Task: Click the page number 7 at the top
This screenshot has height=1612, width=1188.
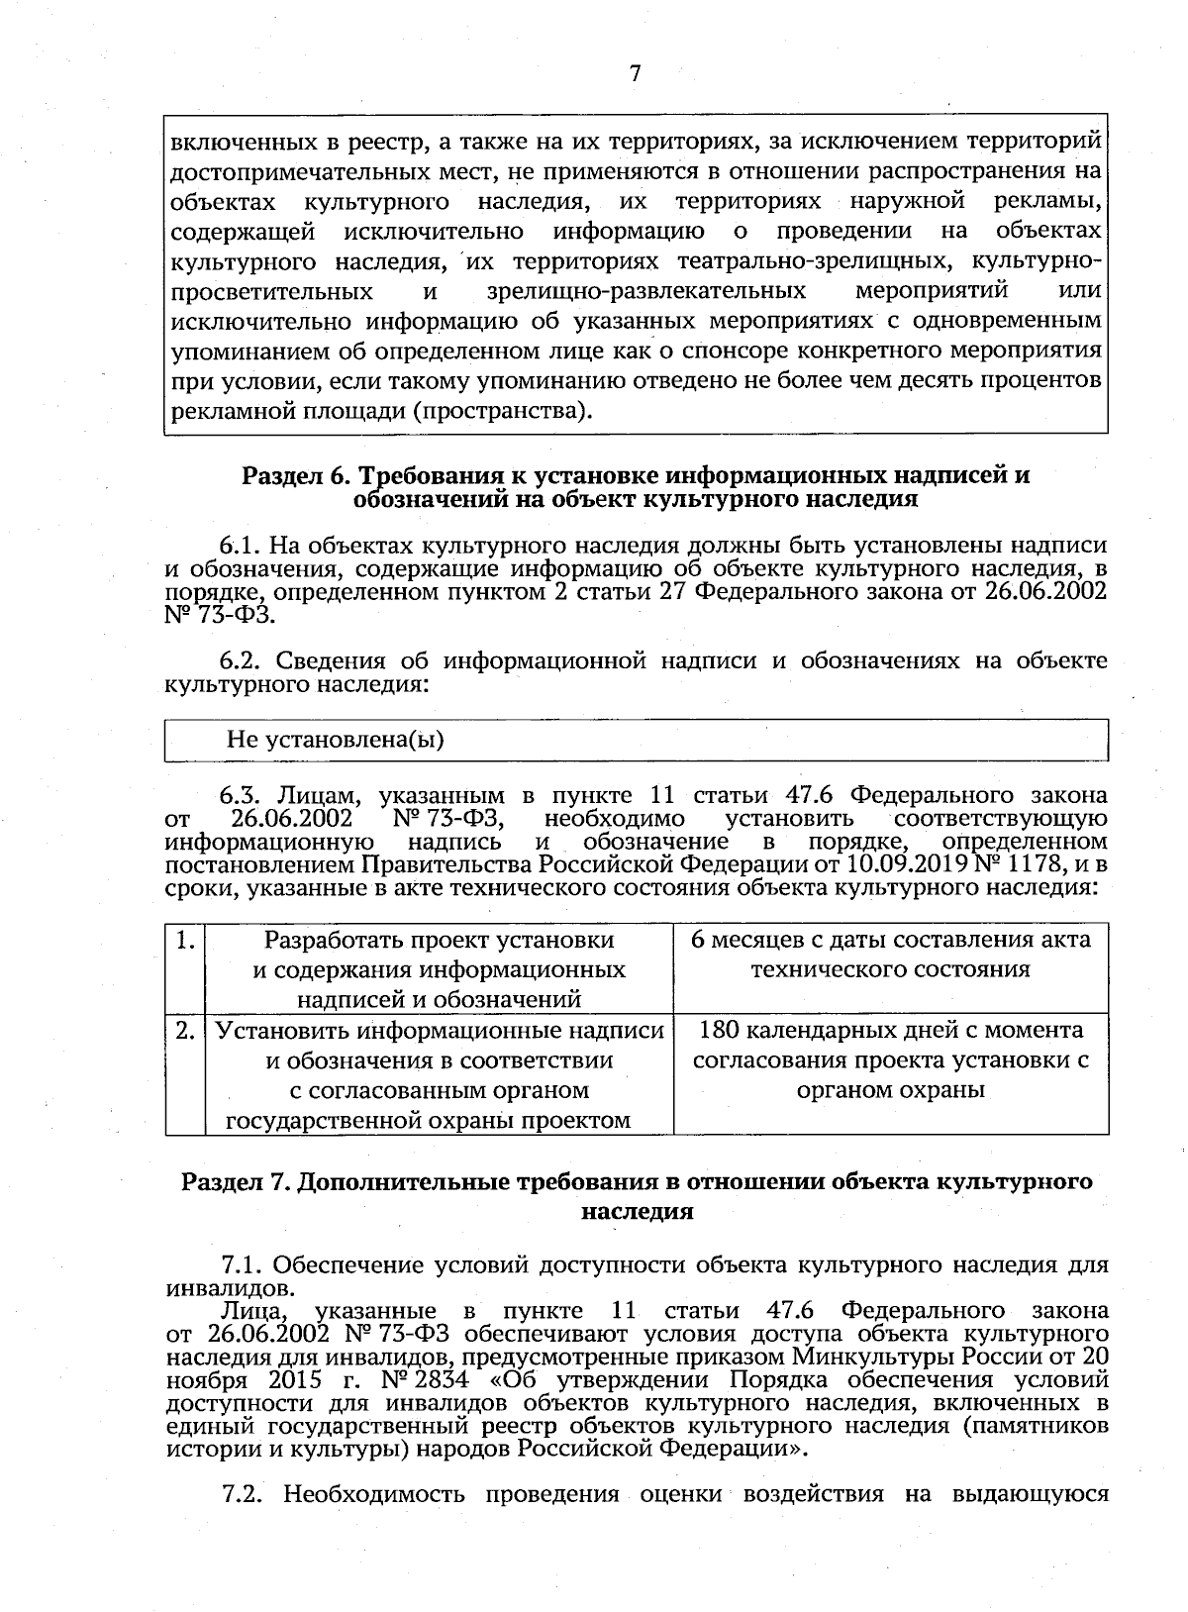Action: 635,74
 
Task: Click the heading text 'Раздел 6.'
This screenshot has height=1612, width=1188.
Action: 289,475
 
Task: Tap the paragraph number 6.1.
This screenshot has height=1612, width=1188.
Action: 240,546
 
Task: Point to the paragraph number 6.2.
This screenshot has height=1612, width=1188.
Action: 240,660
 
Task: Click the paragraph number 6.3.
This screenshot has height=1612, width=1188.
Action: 240,795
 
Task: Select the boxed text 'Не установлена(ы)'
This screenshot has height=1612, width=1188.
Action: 335,739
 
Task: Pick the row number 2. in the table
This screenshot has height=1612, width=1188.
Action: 184,1031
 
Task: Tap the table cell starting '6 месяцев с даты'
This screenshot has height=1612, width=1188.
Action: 890,954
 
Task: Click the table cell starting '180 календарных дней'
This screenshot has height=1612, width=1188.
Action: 890,1060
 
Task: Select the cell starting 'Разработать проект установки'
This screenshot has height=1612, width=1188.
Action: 439,969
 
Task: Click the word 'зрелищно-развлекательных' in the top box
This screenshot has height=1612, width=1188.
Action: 646,292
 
